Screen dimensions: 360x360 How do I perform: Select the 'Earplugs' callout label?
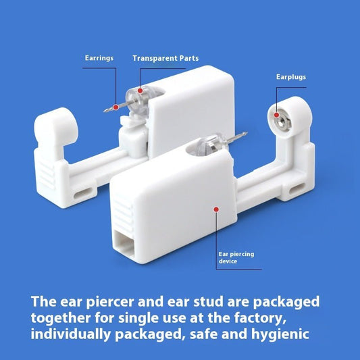[x=291, y=77]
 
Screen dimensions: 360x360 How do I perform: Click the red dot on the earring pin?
[x=116, y=106]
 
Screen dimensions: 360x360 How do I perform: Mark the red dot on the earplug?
[x=277, y=115]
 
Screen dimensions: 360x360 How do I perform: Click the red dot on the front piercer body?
[x=215, y=209]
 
